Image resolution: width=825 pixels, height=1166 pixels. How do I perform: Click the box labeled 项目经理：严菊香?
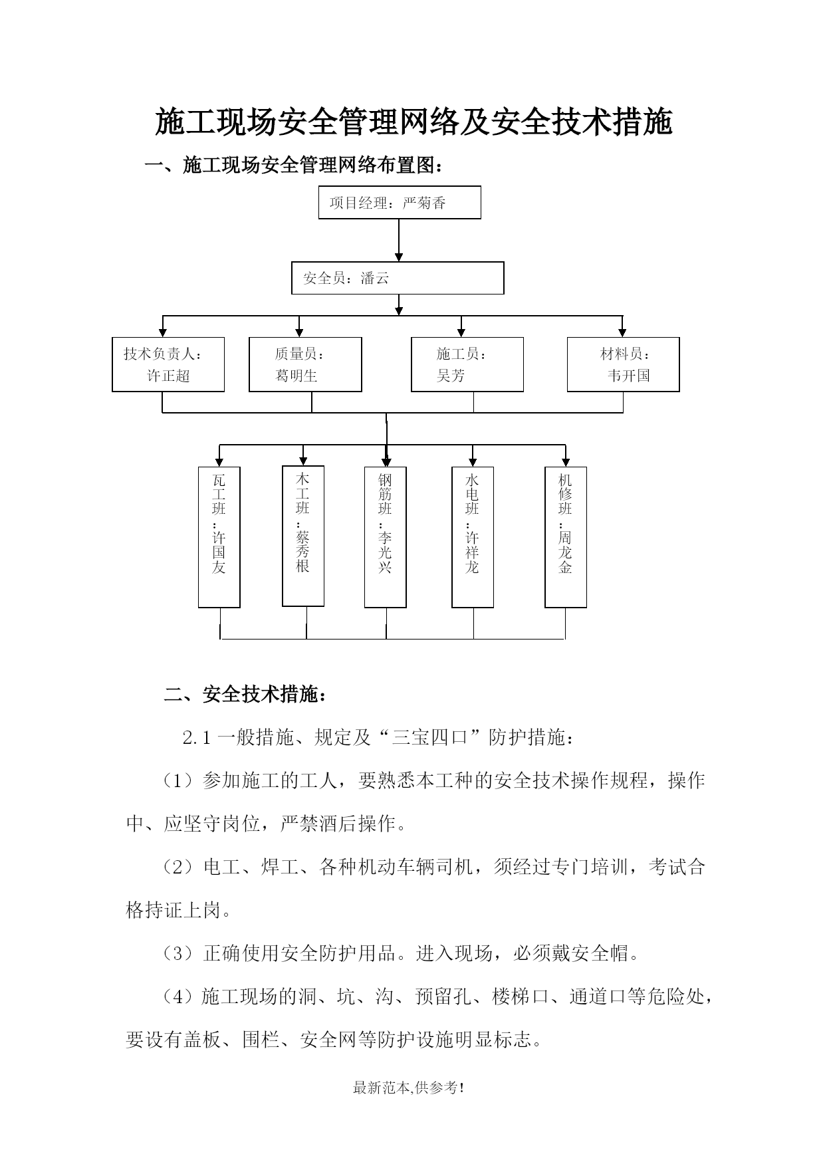400,203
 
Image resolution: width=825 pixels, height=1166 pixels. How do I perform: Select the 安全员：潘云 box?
398,278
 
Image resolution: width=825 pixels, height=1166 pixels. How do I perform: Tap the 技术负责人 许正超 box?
168,364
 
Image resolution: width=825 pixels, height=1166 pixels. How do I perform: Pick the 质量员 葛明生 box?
305,364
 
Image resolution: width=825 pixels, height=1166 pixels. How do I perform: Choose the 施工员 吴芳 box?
467,364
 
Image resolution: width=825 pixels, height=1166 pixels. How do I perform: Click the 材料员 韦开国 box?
623,364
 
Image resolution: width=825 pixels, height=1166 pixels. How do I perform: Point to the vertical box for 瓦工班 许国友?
219,537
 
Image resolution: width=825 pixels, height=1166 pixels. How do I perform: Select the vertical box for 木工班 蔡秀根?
303,536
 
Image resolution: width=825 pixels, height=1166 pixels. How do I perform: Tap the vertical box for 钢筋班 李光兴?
386,537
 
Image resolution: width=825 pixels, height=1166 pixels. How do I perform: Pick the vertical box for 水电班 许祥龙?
473,537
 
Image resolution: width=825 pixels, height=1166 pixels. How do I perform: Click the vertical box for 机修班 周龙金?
566,537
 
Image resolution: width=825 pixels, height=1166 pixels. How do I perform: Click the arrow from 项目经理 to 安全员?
399,240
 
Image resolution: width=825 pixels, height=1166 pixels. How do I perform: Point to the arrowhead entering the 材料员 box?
622,332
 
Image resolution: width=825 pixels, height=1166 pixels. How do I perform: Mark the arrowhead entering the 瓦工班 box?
219,462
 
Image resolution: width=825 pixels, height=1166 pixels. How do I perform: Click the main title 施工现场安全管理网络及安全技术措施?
413,122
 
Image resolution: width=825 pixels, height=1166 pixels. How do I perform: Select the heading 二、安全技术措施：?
245,695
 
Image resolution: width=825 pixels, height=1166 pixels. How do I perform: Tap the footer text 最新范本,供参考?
408,1088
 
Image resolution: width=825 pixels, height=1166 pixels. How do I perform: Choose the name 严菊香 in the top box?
424,203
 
